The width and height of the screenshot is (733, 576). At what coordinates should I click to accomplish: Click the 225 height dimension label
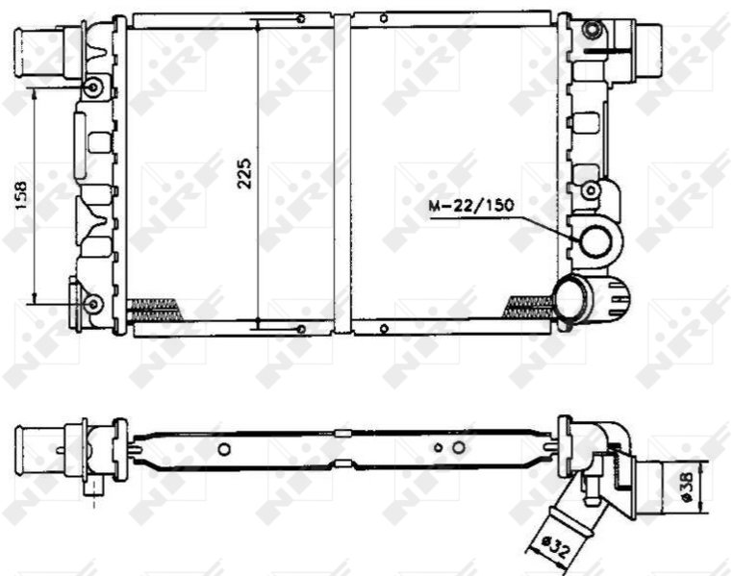(244, 174)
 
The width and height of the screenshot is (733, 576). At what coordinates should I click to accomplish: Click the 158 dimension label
(21, 194)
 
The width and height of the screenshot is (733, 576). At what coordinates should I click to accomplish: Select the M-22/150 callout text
(471, 205)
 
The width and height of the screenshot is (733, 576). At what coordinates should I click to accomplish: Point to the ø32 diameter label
(556, 546)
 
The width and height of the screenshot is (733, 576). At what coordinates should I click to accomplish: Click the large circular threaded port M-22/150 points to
(595, 241)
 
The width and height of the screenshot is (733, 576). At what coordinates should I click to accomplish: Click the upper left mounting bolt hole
(93, 88)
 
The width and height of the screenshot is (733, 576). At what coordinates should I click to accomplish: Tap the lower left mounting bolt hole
(93, 304)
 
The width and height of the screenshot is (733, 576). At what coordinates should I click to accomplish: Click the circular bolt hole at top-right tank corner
(593, 30)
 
